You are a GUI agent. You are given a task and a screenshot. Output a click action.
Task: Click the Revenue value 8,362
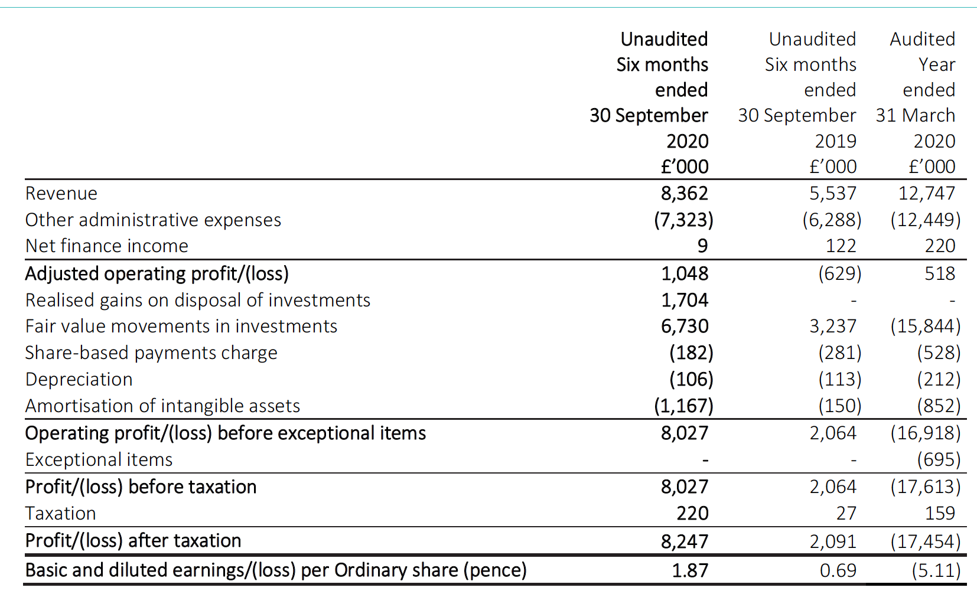(685, 193)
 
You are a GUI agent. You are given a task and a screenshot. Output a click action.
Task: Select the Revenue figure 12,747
(927, 193)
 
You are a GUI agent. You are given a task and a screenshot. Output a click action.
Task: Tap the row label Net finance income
(107, 246)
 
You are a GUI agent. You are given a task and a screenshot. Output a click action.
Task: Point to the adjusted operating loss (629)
(840, 273)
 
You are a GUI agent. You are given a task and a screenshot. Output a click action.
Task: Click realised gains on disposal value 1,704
(685, 300)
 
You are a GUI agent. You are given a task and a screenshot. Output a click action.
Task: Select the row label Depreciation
(79, 380)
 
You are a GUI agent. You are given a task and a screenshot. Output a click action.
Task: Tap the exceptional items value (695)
(939, 460)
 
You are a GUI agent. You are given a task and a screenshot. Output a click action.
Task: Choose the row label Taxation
(61, 513)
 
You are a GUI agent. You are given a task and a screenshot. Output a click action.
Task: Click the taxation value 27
(846, 513)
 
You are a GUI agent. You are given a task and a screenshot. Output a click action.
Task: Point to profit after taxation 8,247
(685, 541)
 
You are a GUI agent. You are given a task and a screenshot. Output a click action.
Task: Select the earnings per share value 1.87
(691, 570)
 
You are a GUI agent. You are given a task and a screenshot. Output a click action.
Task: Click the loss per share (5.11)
(936, 570)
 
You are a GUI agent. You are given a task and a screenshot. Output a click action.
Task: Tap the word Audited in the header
(923, 39)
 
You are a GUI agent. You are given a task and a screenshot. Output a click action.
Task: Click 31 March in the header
(916, 116)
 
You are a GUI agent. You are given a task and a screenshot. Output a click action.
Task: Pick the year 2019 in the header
(836, 141)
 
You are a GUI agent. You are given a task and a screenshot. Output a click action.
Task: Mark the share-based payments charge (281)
(840, 353)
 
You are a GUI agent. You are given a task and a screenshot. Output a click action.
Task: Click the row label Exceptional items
(99, 460)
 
